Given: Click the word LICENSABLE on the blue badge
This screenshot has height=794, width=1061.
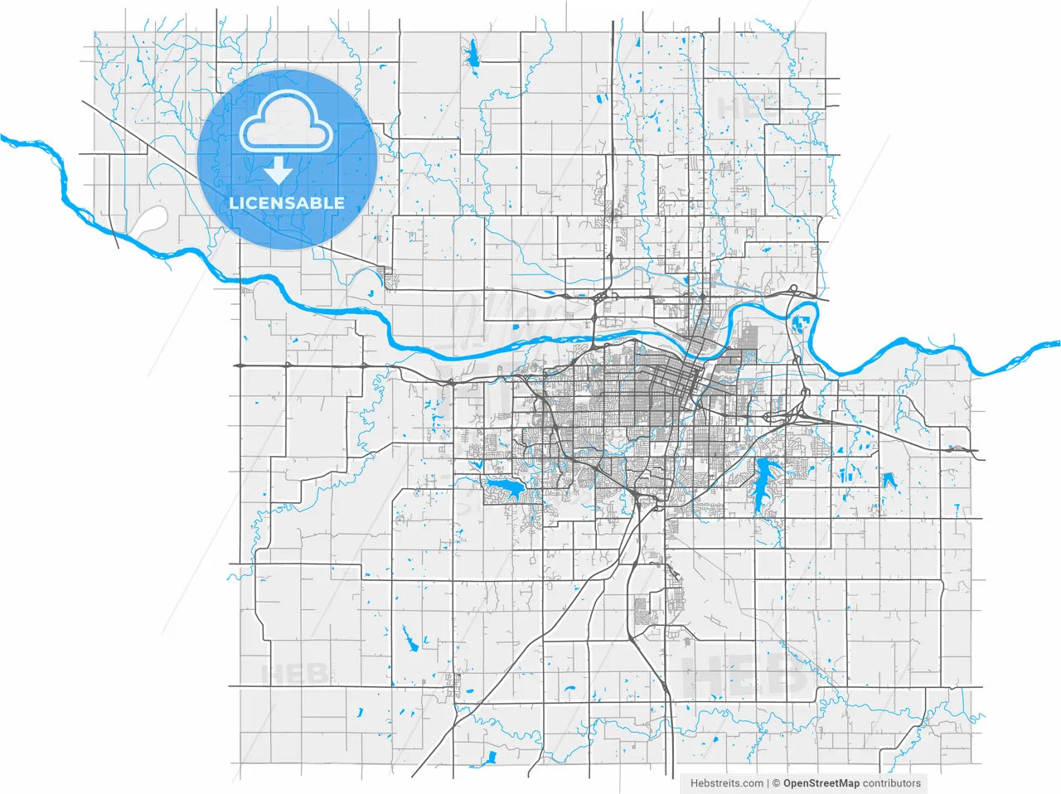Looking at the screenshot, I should click(287, 203).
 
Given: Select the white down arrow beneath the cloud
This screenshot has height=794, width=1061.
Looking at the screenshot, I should click(279, 172).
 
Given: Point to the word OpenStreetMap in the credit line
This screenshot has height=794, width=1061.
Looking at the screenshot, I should click(821, 782).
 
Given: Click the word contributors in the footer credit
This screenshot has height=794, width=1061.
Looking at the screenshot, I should click(891, 782).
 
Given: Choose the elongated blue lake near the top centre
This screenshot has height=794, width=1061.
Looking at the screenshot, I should click(473, 56).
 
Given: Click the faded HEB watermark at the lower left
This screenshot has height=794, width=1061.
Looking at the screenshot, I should click(295, 674).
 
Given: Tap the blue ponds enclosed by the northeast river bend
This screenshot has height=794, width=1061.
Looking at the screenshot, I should click(801, 324).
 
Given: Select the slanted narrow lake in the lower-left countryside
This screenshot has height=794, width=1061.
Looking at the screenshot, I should click(409, 639).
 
